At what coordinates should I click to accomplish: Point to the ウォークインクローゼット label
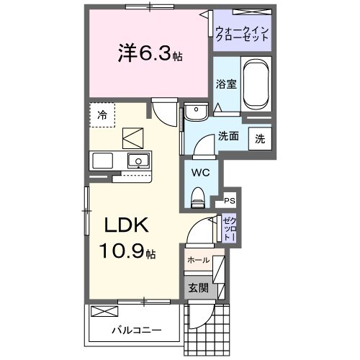point(241,33)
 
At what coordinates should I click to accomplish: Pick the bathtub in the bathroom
point(256,85)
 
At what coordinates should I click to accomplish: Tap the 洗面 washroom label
point(228,135)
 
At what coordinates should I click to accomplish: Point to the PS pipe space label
point(230,201)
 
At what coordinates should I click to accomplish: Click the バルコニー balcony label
point(135,330)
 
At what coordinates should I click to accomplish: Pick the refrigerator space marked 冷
point(102,114)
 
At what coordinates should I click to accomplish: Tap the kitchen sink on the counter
point(138,160)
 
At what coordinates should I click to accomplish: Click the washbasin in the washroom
point(194,113)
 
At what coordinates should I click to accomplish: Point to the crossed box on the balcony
point(104,311)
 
